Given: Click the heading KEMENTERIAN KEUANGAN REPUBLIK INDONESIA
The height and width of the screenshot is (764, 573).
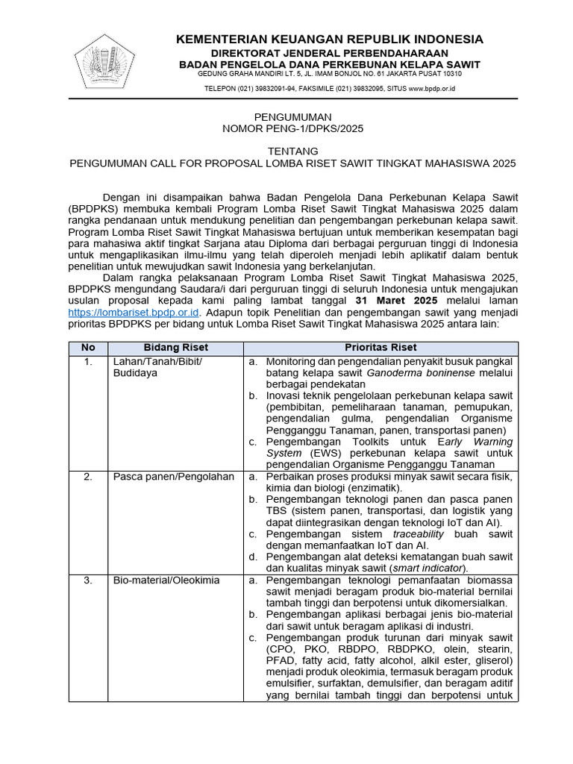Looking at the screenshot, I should pyautogui.click(x=329, y=39).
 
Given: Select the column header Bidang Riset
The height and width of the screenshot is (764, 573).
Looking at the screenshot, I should pyautogui.click(x=175, y=348).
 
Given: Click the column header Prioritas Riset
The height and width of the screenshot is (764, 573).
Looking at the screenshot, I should pyautogui.click(x=381, y=348).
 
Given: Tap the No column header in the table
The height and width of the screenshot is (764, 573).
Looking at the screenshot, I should pyautogui.click(x=88, y=348).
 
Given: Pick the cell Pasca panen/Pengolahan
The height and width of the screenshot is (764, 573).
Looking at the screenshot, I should pyautogui.click(x=173, y=477).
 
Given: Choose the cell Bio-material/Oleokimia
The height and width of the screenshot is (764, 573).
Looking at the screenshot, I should pyautogui.click(x=166, y=580).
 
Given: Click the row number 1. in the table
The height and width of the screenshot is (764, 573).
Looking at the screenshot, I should pyautogui.click(x=88, y=362).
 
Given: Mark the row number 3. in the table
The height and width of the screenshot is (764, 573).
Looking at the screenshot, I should pyautogui.click(x=88, y=580).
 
